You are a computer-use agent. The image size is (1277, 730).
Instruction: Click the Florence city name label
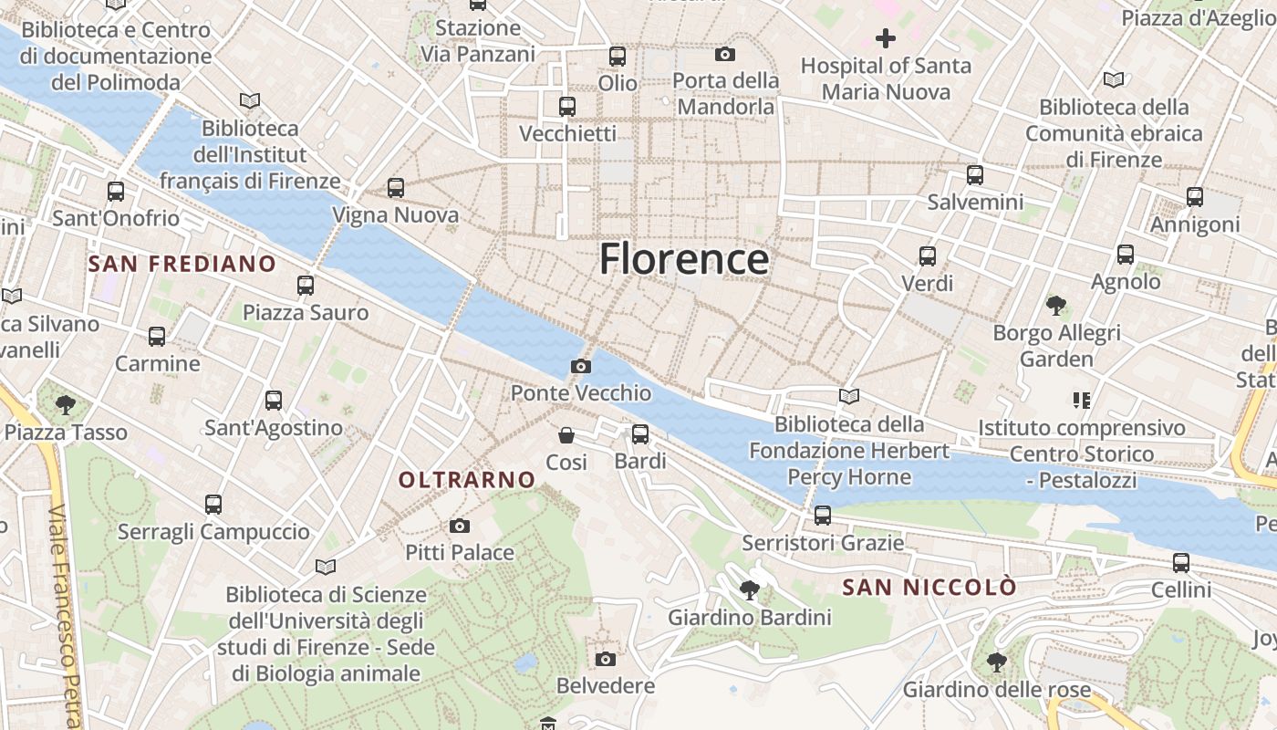point(684,259)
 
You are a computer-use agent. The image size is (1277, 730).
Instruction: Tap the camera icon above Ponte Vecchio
point(580,367)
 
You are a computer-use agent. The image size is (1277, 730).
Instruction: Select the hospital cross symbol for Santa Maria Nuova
point(885,38)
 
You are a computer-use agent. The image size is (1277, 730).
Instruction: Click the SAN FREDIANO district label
point(182,265)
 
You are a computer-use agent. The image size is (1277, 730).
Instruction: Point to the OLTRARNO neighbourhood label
point(467,480)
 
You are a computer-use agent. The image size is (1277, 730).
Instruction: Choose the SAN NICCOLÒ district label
point(929,588)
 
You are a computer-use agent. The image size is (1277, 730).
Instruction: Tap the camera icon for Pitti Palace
point(460,526)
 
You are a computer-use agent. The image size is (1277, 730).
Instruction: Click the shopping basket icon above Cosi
point(566,435)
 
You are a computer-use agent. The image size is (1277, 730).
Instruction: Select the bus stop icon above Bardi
point(640,434)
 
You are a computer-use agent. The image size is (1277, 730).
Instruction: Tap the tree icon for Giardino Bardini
point(750,590)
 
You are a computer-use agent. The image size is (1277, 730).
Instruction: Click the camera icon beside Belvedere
point(606,659)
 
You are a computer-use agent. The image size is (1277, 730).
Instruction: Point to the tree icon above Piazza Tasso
point(65,404)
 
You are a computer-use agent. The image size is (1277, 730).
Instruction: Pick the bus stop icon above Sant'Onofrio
point(116,192)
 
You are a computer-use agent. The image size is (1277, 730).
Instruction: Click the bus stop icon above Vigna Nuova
point(395,188)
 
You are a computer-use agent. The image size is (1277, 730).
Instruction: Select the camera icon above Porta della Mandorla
point(725,55)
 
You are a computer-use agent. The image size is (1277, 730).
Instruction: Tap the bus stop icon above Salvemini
point(975,175)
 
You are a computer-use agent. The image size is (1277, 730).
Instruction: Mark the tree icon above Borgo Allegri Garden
point(1056,306)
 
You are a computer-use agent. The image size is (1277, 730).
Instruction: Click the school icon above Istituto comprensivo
point(1082,400)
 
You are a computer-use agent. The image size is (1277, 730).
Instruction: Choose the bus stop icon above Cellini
point(1181,563)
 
